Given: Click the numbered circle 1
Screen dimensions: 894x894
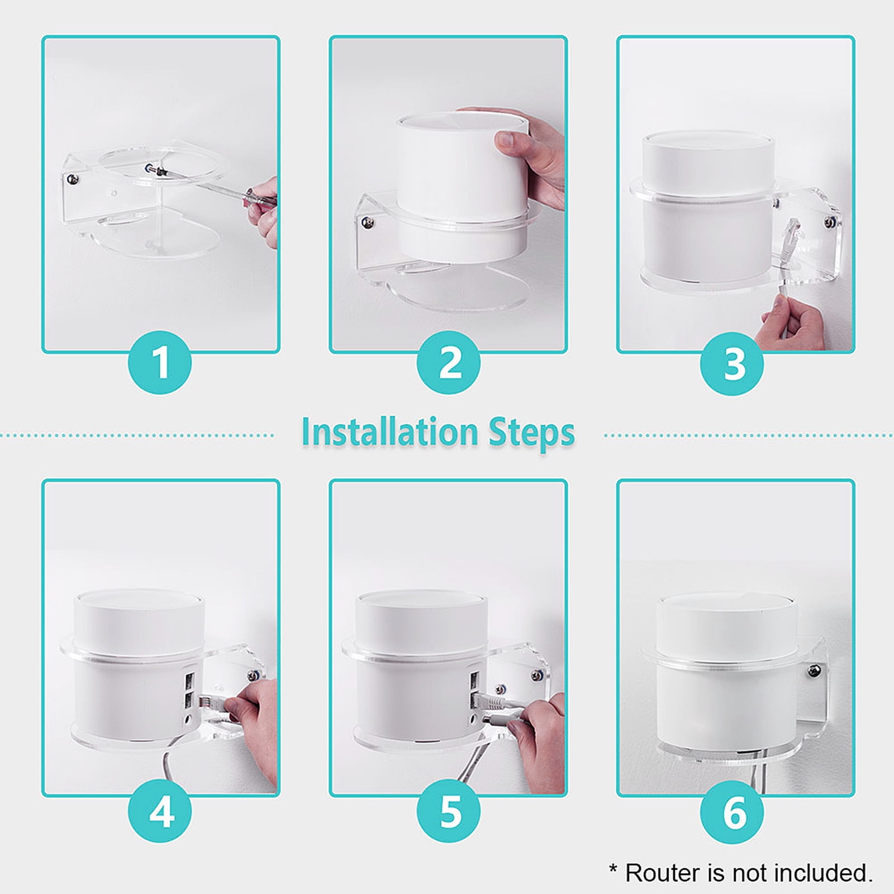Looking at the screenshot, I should click(x=160, y=363).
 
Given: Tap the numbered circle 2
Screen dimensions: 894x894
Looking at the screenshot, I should click(x=448, y=363).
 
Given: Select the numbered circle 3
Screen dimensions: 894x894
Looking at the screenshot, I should click(x=732, y=364).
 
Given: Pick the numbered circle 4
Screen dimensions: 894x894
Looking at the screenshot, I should click(x=160, y=811).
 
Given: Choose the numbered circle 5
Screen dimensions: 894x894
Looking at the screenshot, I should click(x=448, y=811).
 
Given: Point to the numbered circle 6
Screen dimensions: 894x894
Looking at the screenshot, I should click(x=732, y=811).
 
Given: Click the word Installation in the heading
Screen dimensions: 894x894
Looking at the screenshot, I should click(x=390, y=432).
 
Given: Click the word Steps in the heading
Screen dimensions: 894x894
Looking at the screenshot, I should click(x=531, y=433).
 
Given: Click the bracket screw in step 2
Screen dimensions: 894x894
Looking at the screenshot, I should click(x=367, y=222).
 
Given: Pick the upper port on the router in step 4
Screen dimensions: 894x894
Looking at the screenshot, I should click(x=188, y=681).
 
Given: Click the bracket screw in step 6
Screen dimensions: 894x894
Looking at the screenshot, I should click(x=814, y=669).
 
